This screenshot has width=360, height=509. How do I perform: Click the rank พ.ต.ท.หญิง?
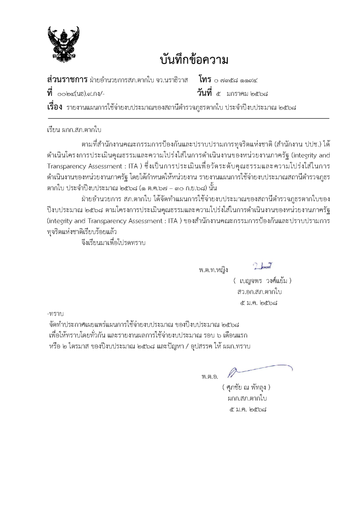(x=212, y=270)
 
